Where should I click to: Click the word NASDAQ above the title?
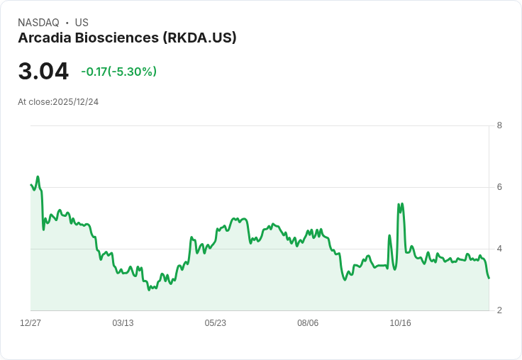(38, 23)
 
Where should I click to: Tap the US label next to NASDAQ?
(82, 23)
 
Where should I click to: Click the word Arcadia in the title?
(45, 38)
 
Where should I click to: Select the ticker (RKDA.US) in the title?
(200, 38)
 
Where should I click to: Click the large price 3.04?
(43, 72)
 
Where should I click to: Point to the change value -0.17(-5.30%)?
(119, 72)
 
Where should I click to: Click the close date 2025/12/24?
(76, 102)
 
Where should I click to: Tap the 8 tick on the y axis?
(499, 125)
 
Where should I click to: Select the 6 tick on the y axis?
(499, 187)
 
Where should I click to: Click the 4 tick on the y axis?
(499, 249)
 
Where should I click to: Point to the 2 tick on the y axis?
(499, 310)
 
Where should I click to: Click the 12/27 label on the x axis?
(30, 322)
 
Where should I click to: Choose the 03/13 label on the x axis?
(123, 322)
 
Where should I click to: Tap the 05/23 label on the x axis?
(216, 322)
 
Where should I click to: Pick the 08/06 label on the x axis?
(308, 322)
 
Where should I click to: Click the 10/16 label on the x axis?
(401, 322)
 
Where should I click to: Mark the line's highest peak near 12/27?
(38, 176)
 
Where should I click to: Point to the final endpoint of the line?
(489, 278)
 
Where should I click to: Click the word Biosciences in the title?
(117, 38)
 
